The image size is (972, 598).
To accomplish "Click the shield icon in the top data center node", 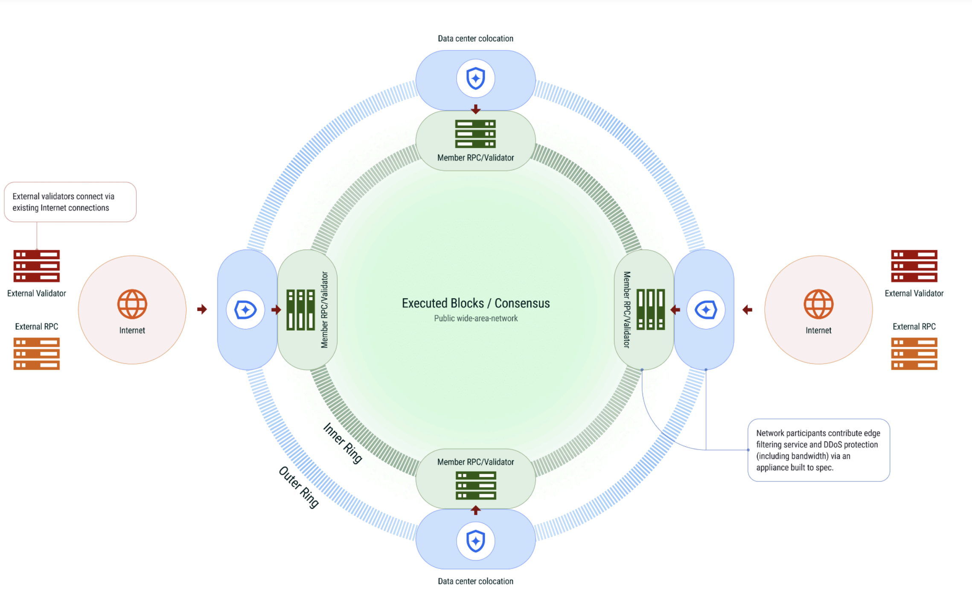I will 475,79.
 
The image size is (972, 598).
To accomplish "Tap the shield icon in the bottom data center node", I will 475,541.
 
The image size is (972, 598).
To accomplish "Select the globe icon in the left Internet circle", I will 132,304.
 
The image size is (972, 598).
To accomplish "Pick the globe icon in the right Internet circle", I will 818,304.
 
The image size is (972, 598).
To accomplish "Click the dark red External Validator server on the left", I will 37,266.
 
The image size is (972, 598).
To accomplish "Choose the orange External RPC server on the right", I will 914,354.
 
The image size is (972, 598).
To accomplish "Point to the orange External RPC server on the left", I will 37,354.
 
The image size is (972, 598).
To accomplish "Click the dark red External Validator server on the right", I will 914,266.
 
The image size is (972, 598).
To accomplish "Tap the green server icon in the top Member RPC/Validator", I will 475,134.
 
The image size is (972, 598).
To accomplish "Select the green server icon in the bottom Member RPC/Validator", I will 475,485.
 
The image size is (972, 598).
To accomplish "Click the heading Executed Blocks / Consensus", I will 475,303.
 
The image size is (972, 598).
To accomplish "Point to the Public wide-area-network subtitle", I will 475,318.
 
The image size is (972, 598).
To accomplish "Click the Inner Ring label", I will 343,443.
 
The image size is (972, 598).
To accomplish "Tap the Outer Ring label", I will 299,487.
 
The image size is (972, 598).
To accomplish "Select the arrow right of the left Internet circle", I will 202,309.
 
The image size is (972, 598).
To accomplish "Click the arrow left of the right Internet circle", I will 747,310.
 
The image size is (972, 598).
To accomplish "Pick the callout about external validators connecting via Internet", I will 70,202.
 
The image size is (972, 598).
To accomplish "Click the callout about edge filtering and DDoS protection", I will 818,450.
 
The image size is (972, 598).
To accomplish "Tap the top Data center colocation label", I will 475,38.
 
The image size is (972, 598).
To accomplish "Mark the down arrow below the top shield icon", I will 475,110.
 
